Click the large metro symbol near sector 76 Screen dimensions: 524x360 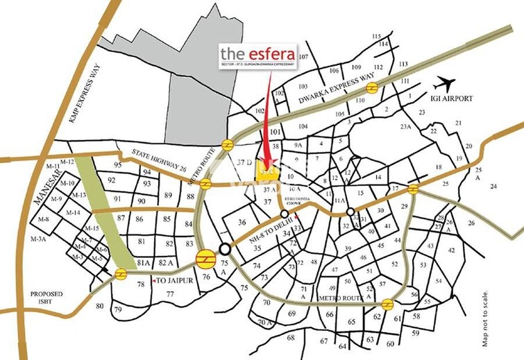click(205, 261)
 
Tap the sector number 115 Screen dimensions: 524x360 click(377, 36)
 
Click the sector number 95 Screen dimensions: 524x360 click(117, 164)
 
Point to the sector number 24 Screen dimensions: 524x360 click(493, 186)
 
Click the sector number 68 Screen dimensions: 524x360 click(291, 338)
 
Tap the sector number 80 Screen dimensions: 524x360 click(99, 306)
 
